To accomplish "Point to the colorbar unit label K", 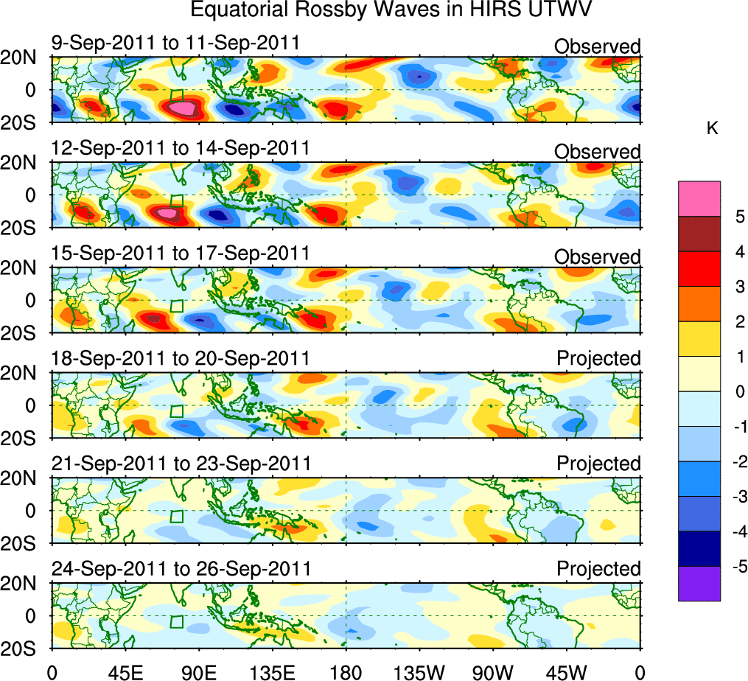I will tap(712, 128).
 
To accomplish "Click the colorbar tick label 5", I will tap(738, 217).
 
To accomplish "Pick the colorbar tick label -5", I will tap(736, 567).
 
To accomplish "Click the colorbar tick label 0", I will tap(738, 391).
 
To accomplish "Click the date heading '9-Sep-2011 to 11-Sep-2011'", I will tap(175, 43).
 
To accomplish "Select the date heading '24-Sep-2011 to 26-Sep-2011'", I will tap(181, 569).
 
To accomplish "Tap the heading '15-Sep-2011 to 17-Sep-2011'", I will tap(181, 254).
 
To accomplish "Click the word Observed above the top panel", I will tap(598, 46).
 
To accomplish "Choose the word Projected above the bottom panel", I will tap(598, 569).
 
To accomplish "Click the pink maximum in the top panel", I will tap(181, 108).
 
